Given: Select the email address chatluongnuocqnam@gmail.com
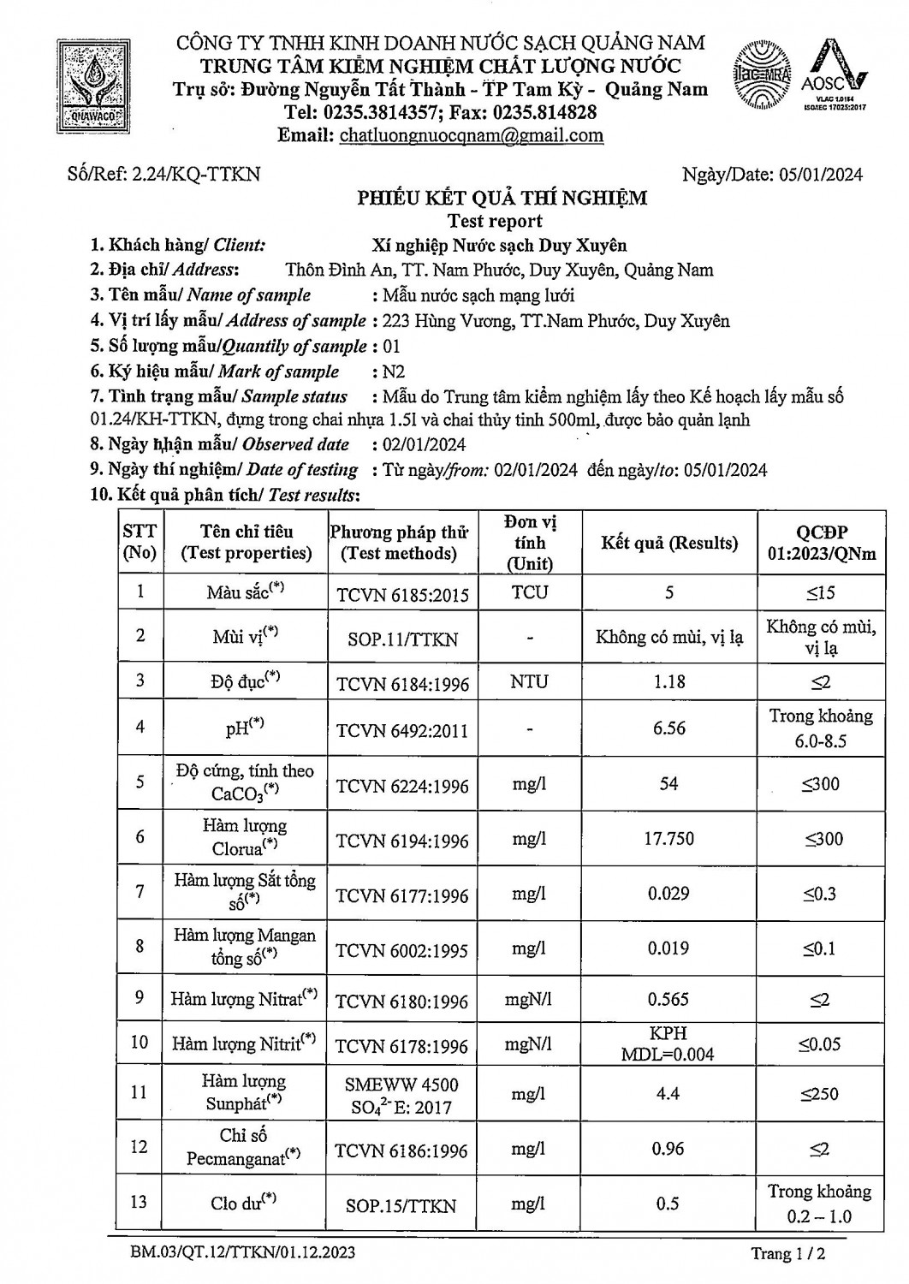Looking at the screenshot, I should pos(472,135).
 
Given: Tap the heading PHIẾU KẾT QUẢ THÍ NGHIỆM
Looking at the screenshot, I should pos(502,199).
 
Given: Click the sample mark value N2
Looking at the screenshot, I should pos(393,372).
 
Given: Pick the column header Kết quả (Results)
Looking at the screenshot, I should pos(669,543).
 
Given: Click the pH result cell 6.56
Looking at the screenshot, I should pos(669,728).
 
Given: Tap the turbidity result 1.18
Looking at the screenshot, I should pos(669,681).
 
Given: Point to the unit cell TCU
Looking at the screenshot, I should pos(530,592).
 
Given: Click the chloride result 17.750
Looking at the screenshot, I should pos(669,839).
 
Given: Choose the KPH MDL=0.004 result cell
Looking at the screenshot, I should pos(668,1043).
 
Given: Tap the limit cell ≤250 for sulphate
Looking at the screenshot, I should pos(820,1094).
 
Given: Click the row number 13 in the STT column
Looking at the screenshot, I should pos(140,1202).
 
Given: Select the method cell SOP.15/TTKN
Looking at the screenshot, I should pos(401,1206).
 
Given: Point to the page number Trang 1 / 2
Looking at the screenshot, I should pos(787,1254).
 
